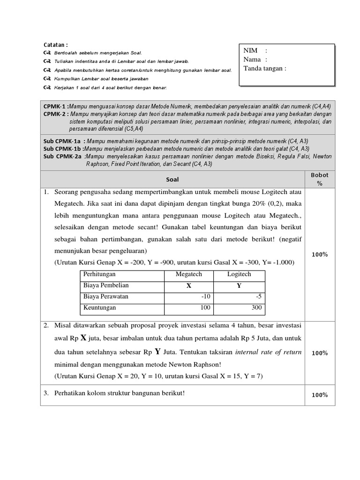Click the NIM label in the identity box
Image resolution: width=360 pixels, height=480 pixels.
251,51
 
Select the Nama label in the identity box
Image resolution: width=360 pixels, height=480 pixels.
252,60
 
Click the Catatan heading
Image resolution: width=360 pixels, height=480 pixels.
56,45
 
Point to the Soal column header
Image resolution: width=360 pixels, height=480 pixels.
172,180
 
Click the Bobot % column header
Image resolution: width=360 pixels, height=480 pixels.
320,179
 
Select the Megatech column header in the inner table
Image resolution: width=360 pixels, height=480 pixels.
188,274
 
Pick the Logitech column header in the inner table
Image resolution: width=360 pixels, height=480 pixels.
239,274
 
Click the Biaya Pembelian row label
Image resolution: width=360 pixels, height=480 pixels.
106,285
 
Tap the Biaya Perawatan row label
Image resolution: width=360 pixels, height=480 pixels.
105,297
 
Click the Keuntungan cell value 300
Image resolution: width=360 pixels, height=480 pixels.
257,308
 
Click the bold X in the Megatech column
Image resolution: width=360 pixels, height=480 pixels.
189,286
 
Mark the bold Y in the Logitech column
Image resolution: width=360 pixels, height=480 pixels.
239,286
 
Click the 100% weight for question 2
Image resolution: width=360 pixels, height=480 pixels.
320,353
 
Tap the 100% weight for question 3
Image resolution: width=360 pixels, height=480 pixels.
320,395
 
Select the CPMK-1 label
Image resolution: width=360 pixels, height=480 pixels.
55,106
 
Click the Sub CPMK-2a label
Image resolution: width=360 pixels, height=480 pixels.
63,156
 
